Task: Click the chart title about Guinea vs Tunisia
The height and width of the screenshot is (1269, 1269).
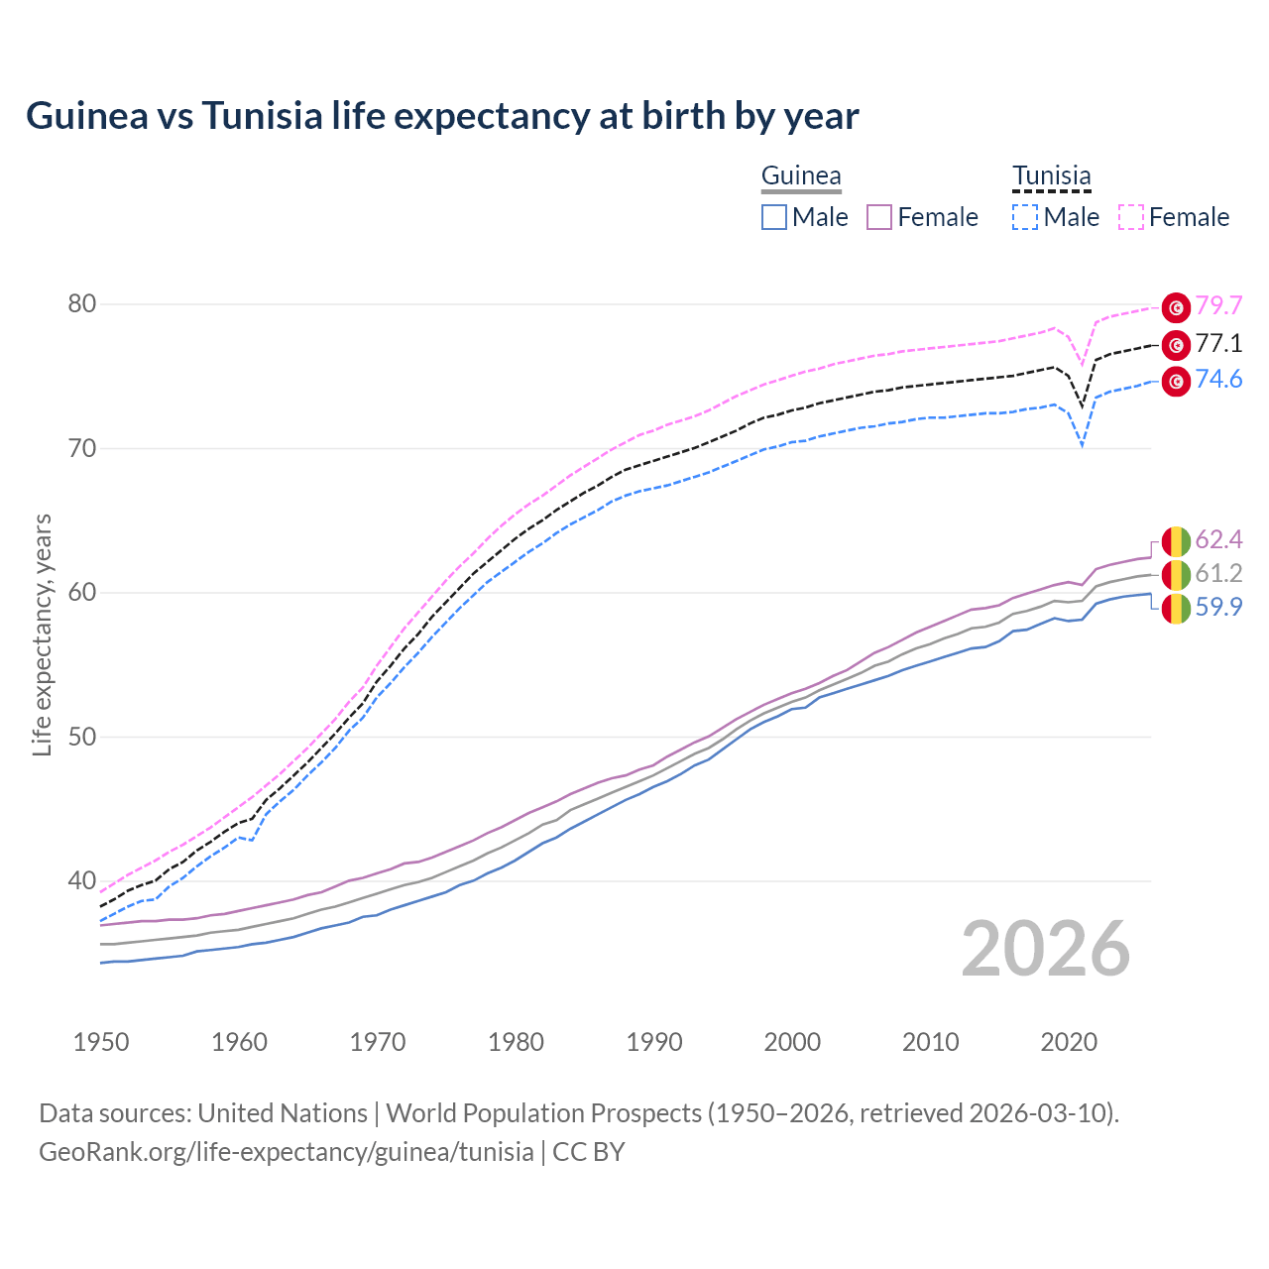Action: pos(442,116)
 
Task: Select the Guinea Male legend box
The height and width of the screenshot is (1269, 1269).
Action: pos(774,217)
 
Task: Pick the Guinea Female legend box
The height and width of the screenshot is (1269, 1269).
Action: pos(879,217)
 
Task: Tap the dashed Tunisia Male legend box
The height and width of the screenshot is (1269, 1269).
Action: pos(1025,217)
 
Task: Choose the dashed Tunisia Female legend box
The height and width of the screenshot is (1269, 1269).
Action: pos(1131,217)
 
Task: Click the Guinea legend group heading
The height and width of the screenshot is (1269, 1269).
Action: pos(801,176)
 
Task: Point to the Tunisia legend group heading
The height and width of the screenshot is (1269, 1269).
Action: pos(1052,176)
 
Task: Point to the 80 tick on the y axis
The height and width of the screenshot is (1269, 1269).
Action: pos(82,304)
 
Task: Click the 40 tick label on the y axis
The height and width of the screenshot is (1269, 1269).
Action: pos(82,880)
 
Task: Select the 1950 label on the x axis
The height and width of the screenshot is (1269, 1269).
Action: pos(101,1042)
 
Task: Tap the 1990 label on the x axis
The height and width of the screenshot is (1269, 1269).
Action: pos(654,1042)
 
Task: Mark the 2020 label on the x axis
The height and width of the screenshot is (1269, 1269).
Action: pos(1069,1042)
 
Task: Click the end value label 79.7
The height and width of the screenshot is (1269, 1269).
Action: pos(1218,306)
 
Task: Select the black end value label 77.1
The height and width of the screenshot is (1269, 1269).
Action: pos(1218,344)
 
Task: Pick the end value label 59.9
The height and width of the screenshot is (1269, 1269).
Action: pos(1218,608)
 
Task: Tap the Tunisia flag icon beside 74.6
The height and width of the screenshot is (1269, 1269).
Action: pos(1176,381)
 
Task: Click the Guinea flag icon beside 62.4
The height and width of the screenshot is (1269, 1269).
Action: pos(1176,541)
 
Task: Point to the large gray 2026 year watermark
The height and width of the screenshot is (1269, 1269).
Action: pos(1046,950)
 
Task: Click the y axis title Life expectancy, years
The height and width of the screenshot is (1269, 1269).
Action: pos(43,634)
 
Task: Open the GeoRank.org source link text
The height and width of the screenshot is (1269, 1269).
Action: pos(287,1152)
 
